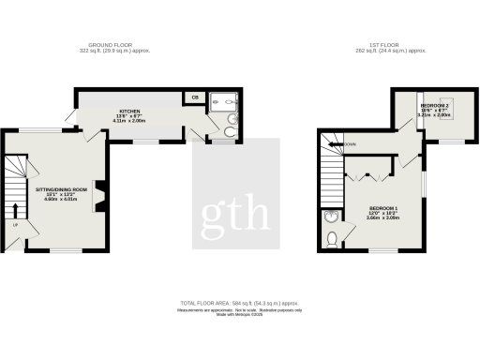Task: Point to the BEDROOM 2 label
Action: (x=434, y=106)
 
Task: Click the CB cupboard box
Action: (x=195, y=97)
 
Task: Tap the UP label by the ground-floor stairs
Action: (x=16, y=223)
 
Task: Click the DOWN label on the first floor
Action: (x=350, y=143)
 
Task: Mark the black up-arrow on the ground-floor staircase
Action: (x=16, y=208)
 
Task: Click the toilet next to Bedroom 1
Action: (x=333, y=239)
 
